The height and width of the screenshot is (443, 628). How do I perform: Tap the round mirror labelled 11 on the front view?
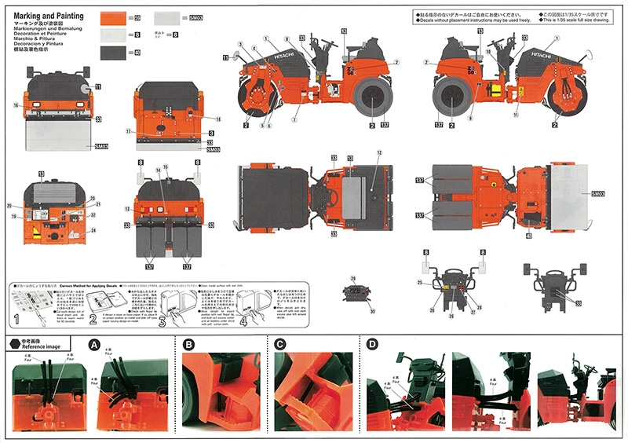pos(85,89)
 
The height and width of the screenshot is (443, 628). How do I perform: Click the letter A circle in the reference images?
pos(94,344)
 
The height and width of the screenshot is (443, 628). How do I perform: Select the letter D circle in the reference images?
pos(371,344)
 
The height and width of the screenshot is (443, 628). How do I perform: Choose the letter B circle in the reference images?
pos(188,344)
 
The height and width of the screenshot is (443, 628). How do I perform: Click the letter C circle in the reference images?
pos(281,344)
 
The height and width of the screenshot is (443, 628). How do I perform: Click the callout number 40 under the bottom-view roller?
pos(528,235)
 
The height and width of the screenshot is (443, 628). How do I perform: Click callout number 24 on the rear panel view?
pos(93,231)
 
